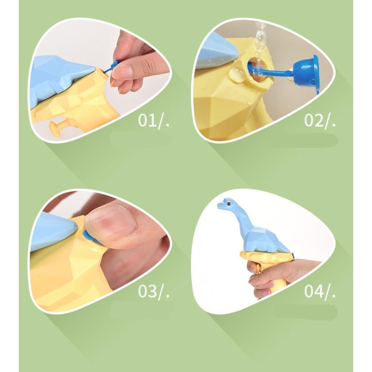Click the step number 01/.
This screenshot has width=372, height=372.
click(x=154, y=121)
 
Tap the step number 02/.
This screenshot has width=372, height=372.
click(x=320, y=121)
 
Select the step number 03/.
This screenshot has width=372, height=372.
click(x=154, y=291)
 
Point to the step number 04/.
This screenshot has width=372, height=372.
click(x=320, y=291)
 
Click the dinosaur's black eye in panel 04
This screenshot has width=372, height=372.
click(x=229, y=203)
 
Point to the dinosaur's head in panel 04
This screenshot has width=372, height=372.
click(x=227, y=204)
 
